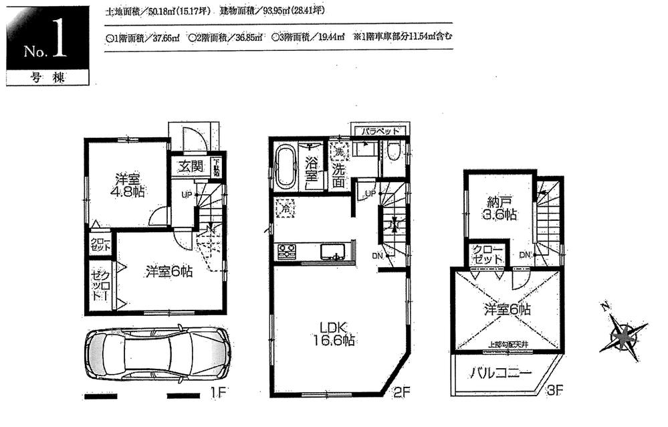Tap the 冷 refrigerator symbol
pyautogui.click(x=284, y=209)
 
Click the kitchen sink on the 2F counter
pyautogui.click(x=332, y=252)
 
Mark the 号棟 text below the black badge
pyautogui.click(x=45, y=77)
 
